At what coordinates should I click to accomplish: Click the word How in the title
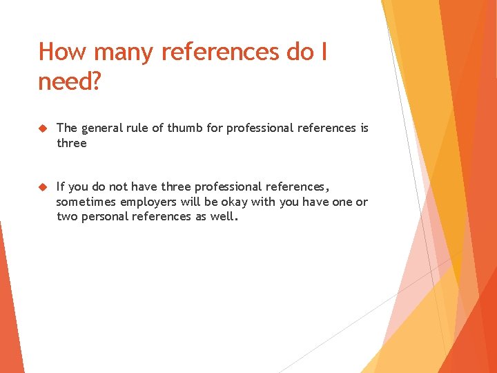coord(60,52)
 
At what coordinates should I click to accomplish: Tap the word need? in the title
coord(70,82)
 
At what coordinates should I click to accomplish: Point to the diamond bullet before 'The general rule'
coord(42,128)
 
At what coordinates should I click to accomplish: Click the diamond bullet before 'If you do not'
coord(42,186)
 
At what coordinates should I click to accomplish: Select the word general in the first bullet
coord(103,128)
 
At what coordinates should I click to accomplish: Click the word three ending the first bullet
coord(71,143)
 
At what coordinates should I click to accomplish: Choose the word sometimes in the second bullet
coord(87,202)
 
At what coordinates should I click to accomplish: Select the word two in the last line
coord(66,216)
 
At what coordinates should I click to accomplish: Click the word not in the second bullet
coord(122,186)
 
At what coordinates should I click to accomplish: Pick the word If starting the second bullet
coord(61,186)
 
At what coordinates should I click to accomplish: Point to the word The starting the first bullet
coord(66,128)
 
